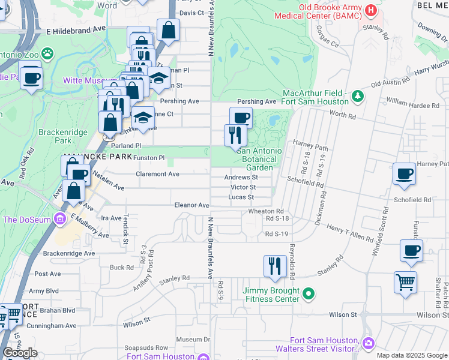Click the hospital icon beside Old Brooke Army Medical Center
pyautogui.click(x=370, y=10)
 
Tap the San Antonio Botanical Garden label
pyautogui.click(x=259, y=159)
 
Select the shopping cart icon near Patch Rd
pyautogui.click(x=405, y=281)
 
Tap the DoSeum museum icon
pyautogui.click(x=59, y=220)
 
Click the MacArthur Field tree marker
pyautogui.click(x=358, y=95)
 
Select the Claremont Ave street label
pyautogui.click(x=158, y=174)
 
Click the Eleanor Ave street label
pyautogui.click(x=191, y=205)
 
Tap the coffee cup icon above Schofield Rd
pyautogui.click(x=403, y=173)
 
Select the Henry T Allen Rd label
pyautogui.click(x=350, y=233)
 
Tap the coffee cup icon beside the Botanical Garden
pyautogui.click(x=241, y=117)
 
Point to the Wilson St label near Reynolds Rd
pyautogui.click(x=343, y=314)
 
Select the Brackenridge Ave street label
pyautogui.click(x=69, y=254)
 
